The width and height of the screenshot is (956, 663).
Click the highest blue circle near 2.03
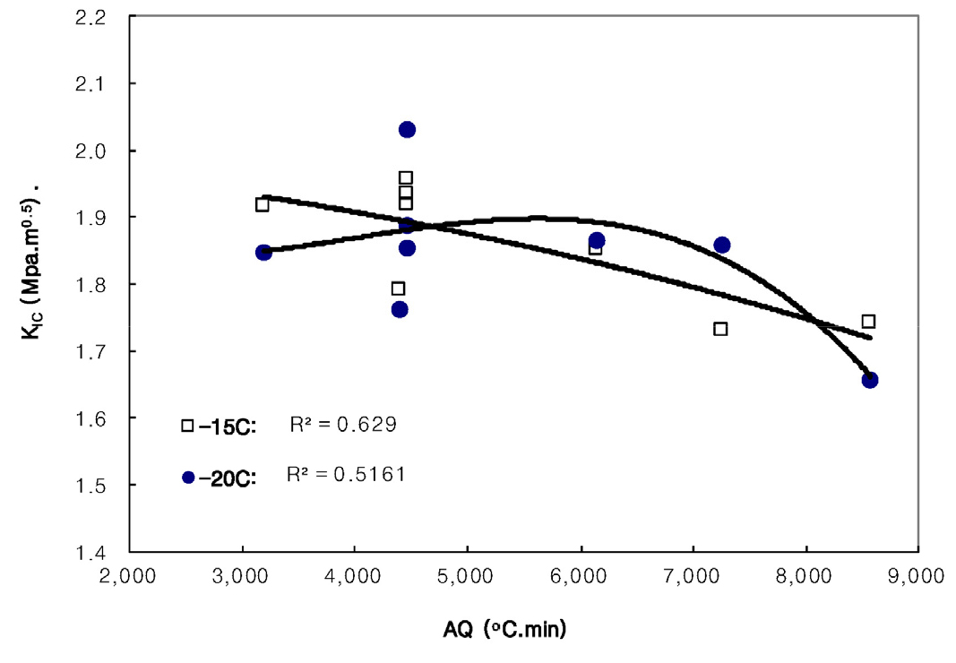coord(407,130)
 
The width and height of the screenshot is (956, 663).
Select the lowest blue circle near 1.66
coord(870,380)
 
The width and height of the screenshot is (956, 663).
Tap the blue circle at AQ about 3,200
coord(263,253)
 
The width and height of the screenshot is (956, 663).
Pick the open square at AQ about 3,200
coord(262,205)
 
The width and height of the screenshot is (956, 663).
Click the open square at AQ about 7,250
coord(720,329)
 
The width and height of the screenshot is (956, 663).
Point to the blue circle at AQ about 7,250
coord(722,245)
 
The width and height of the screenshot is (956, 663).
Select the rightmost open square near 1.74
coord(868,322)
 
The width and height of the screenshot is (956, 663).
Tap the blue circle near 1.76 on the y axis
coord(400,309)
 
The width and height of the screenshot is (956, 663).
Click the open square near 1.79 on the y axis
coord(398,288)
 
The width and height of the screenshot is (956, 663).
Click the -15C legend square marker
coord(187,426)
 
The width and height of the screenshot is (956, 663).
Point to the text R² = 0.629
coord(342,425)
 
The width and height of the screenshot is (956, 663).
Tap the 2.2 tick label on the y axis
coord(98,17)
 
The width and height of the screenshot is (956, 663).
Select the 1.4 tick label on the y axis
coord(98,552)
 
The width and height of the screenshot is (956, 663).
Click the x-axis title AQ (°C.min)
coord(504,631)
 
